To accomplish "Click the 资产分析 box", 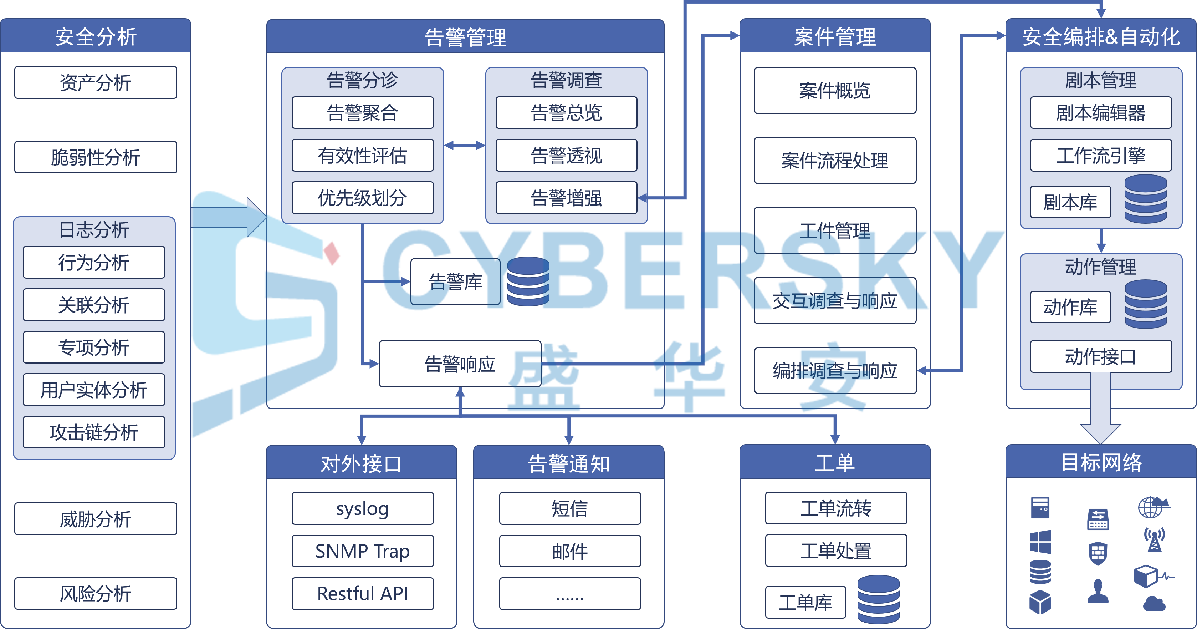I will (95, 83).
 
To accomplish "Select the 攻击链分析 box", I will (94, 432).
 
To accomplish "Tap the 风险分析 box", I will (95, 594).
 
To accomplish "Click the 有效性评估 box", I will (362, 155).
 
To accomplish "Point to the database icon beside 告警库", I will (528, 282).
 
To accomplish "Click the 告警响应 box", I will (460, 364).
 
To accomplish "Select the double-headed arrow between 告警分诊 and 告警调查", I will (465, 146).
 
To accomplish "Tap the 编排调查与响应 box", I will (835, 371).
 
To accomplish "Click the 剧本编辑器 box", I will (1100, 112).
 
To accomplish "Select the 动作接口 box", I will (1100, 356).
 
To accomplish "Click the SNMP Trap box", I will (362, 551).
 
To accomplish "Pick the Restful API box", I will (362, 594).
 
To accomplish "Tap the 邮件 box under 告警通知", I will (570, 551).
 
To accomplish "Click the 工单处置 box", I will (835, 551).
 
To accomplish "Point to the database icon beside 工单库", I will (878, 599).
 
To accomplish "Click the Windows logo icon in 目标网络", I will (1040, 542).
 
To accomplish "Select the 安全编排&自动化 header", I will (1100, 36).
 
